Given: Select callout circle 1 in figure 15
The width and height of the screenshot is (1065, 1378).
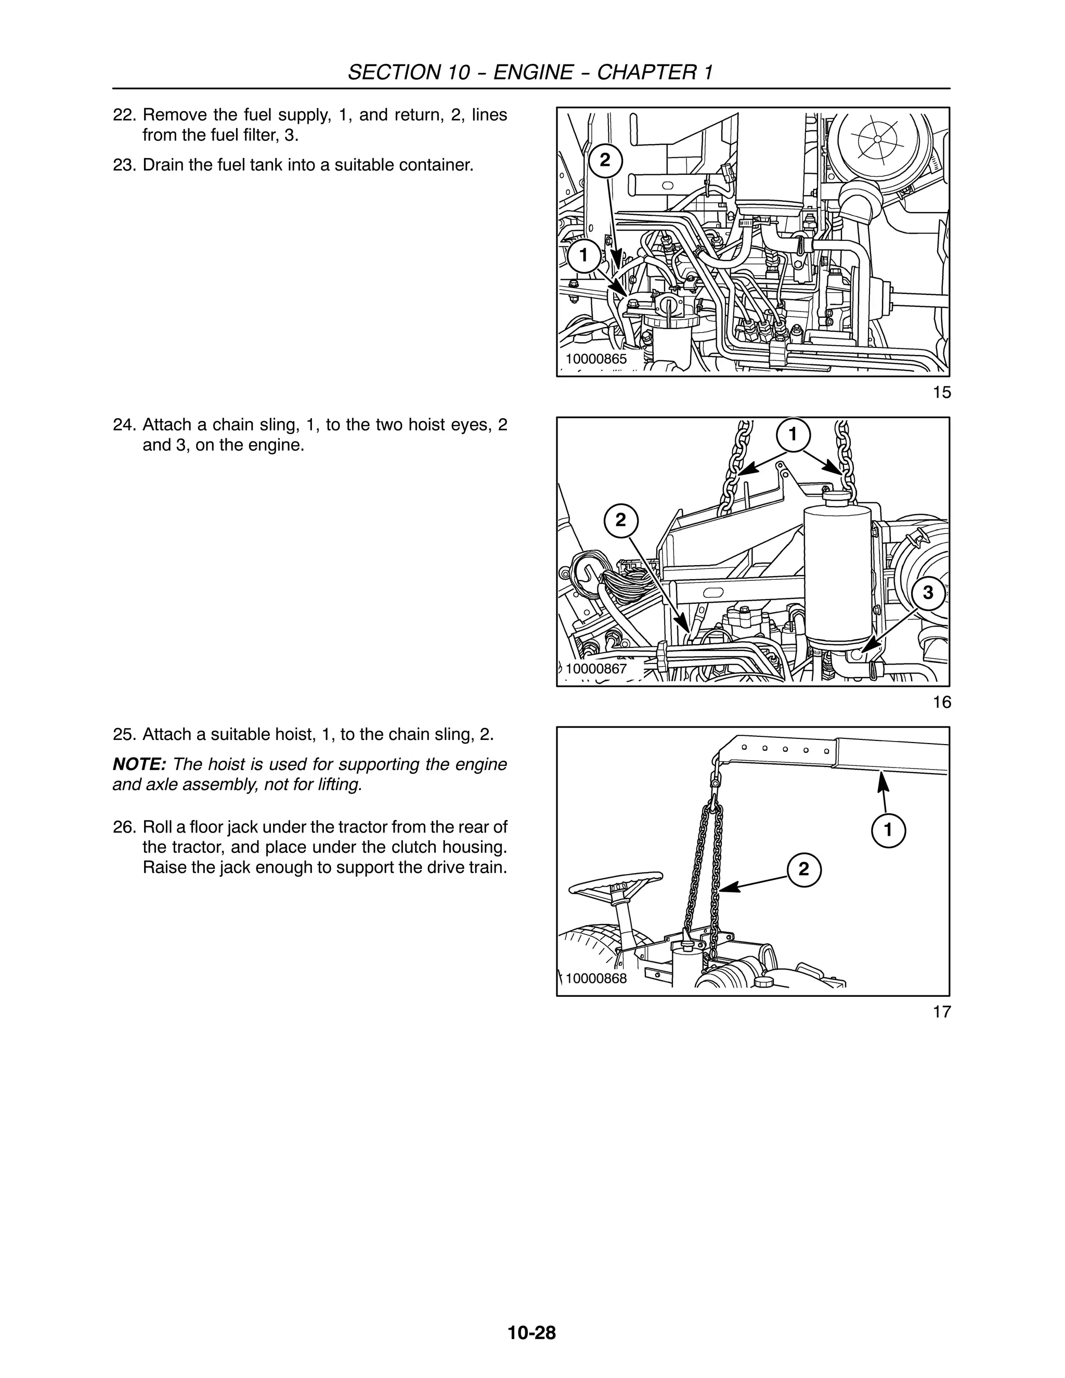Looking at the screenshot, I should (x=583, y=255).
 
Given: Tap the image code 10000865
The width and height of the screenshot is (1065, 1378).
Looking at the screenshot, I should (x=595, y=359).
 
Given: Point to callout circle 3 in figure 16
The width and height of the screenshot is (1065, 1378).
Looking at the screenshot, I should (x=928, y=592).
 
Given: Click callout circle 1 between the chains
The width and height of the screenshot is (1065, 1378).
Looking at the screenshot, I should (x=793, y=434).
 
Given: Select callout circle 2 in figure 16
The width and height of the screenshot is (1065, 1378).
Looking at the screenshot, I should (x=621, y=520).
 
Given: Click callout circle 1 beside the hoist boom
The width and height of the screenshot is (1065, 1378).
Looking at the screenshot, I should (x=888, y=830).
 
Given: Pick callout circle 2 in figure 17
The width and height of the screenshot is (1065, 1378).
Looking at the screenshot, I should (x=803, y=869).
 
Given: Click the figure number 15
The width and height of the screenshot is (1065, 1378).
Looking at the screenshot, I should (x=941, y=393).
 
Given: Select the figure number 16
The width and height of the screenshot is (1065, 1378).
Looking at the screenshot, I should (x=941, y=702).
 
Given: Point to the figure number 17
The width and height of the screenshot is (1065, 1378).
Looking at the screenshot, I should (x=941, y=1012).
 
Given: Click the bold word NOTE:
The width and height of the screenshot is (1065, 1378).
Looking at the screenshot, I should (x=139, y=765).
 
